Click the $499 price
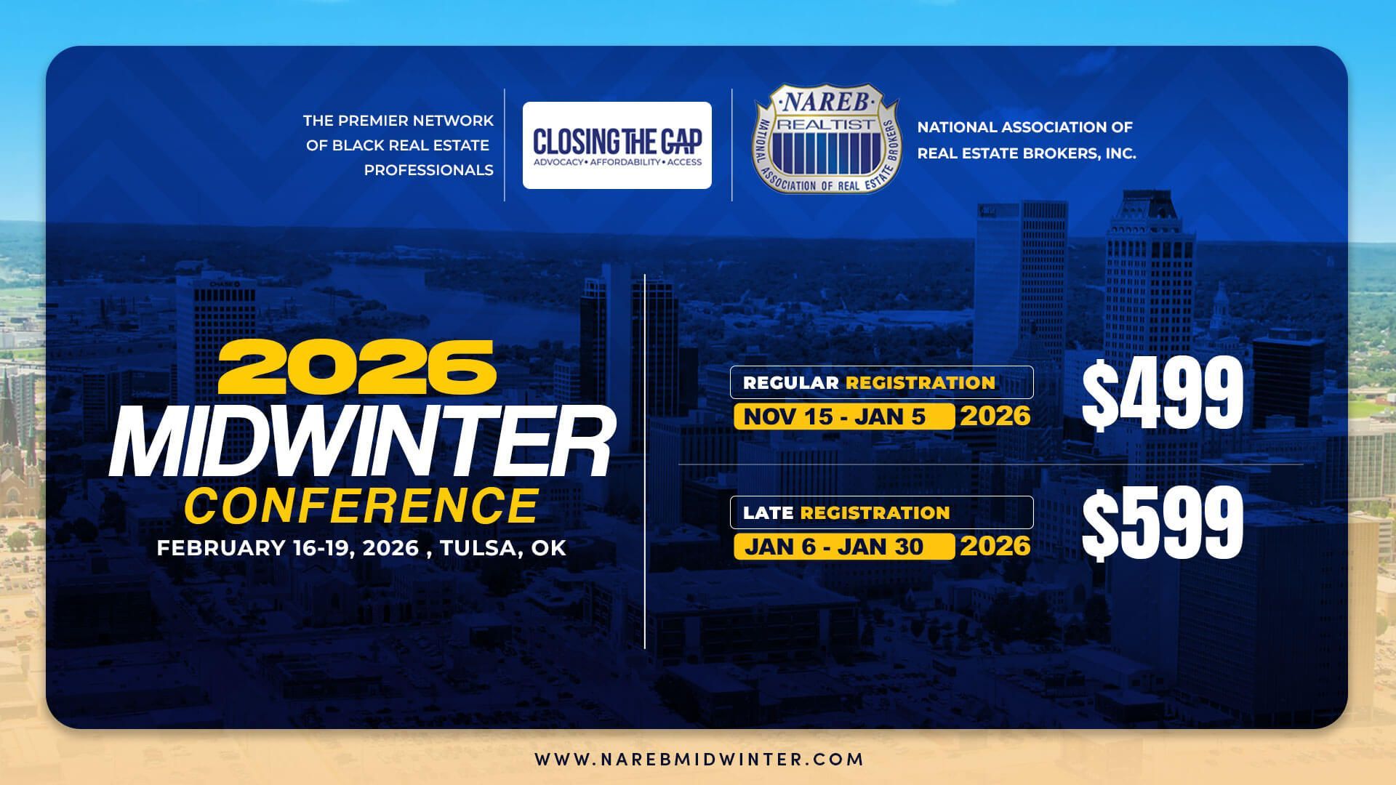click(1162, 397)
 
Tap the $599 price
click(1162, 522)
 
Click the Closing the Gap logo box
click(617, 145)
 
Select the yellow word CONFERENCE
click(361, 506)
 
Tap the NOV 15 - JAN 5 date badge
click(844, 416)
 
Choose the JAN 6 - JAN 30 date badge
click(844, 546)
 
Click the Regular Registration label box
click(881, 382)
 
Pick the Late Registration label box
click(881, 512)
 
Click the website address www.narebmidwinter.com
click(699, 760)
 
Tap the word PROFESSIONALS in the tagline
click(428, 170)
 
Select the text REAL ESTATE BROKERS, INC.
click(1026, 153)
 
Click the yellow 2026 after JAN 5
click(995, 416)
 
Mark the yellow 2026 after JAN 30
click(995, 546)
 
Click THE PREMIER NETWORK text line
click(398, 121)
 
